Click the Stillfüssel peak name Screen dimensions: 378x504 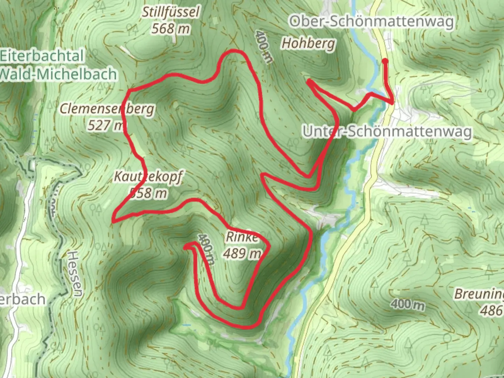coord(170,13)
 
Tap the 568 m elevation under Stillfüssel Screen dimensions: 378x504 coord(170,29)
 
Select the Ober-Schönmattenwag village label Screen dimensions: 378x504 coord(371,22)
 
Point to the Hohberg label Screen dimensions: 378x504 coord(308,44)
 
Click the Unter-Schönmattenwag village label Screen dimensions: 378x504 coord(387,132)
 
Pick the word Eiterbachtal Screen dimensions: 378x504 coord(42,56)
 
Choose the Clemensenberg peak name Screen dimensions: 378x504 coord(107,109)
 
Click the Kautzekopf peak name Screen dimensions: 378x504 coord(148,177)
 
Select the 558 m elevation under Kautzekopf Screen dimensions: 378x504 coord(148,192)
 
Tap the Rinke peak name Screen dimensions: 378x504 coord(242,237)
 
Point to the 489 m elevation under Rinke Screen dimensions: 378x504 coord(242,253)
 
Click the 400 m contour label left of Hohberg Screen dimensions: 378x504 coord(263,46)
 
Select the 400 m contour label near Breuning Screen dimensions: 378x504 coord(407,304)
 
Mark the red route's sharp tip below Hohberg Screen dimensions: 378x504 coord(308,81)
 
